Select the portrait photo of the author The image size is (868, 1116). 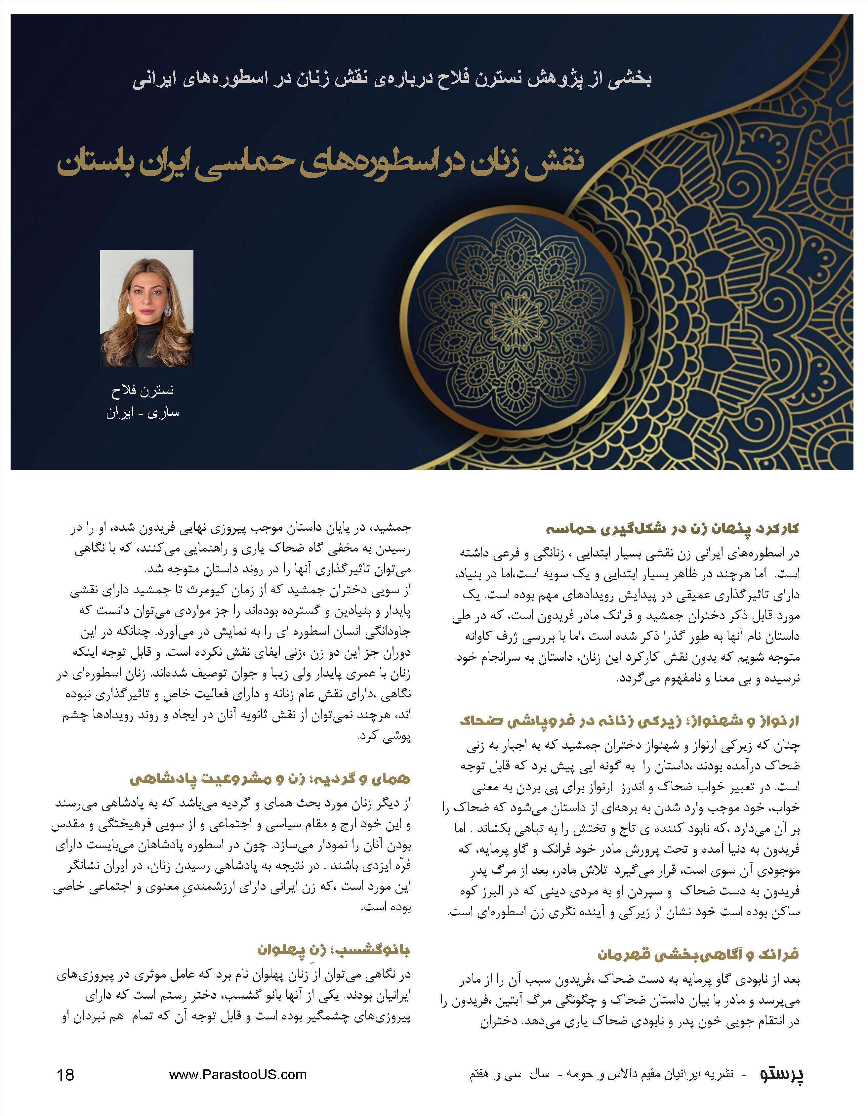(146, 308)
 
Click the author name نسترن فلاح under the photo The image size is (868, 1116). (143, 391)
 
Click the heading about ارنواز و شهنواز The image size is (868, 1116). (629, 721)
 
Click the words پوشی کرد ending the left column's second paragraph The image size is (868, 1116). (384, 737)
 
